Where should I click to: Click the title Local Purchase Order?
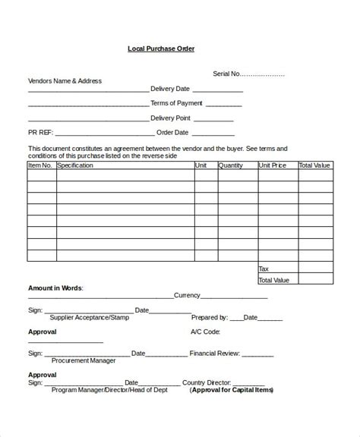point(161,49)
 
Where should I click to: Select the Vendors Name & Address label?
point(65,80)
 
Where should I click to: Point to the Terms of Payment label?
point(177,103)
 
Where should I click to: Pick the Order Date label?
point(174,133)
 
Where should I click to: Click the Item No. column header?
point(40,165)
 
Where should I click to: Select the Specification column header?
point(75,165)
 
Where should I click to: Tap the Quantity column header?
point(231,165)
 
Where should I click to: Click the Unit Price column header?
point(273,165)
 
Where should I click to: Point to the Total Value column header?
point(314,165)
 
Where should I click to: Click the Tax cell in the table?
point(264,269)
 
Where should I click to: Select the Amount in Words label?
point(56,289)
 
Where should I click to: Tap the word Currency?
point(187,295)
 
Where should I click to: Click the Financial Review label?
point(216,354)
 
